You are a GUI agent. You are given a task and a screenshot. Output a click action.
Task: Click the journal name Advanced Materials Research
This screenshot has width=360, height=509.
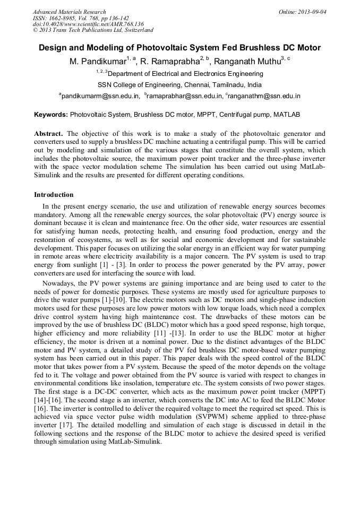click(69, 12)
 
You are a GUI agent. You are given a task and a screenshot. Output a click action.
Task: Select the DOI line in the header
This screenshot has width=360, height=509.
click(88, 24)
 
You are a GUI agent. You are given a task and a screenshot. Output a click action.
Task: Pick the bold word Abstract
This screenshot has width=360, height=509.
click(49, 134)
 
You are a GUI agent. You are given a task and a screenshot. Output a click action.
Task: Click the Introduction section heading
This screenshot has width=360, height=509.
click(54, 195)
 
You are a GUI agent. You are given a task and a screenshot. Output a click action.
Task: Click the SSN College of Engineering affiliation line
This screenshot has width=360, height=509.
click(179, 85)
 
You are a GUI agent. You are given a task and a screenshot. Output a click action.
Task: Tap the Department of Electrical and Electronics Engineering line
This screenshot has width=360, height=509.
click(180, 74)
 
